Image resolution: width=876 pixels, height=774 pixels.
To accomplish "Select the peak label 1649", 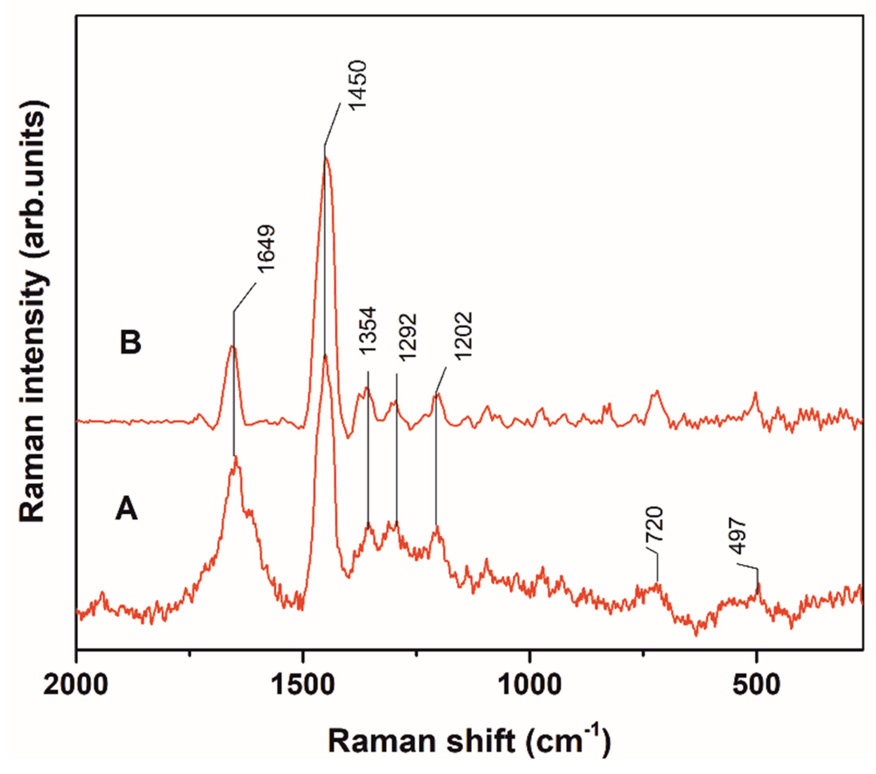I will click(x=266, y=248).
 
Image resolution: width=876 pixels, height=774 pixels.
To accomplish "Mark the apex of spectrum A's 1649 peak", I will click(x=236, y=458).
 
